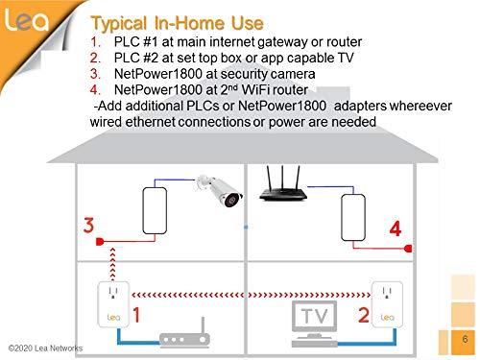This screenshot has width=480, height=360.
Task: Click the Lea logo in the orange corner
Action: [21, 21]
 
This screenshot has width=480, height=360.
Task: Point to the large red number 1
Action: [136, 313]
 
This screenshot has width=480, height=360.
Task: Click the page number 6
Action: [464, 339]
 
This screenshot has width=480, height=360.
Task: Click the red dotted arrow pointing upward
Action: [112, 258]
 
